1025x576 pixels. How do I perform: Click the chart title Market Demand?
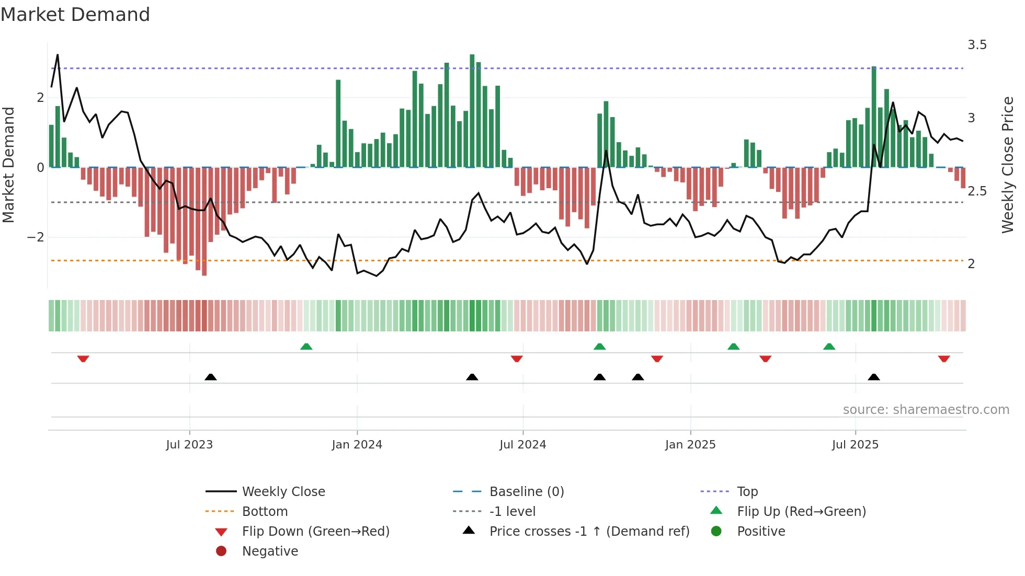[75, 15]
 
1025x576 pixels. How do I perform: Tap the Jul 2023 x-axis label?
[189, 445]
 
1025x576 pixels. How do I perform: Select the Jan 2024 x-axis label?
[357, 445]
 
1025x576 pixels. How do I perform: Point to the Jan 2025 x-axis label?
[690, 445]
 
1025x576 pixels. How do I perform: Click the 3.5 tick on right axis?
[977, 45]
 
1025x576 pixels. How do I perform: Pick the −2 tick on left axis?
[36, 237]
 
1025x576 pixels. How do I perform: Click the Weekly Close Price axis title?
[1007, 165]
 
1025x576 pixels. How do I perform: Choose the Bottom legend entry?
[265, 512]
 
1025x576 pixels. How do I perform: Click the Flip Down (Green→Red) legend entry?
[315, 532]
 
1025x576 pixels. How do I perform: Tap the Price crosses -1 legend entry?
[589, 532]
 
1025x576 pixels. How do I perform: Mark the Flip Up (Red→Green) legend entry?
[801, 512]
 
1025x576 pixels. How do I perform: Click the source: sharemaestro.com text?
[926, 410]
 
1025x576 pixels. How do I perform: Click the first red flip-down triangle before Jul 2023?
[83, 359]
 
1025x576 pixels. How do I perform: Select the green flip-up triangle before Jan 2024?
[306, 347]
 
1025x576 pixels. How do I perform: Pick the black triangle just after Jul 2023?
[211, 377]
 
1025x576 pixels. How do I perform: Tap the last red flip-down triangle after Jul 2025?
[944, 359]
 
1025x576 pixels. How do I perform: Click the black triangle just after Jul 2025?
[874, 377]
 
